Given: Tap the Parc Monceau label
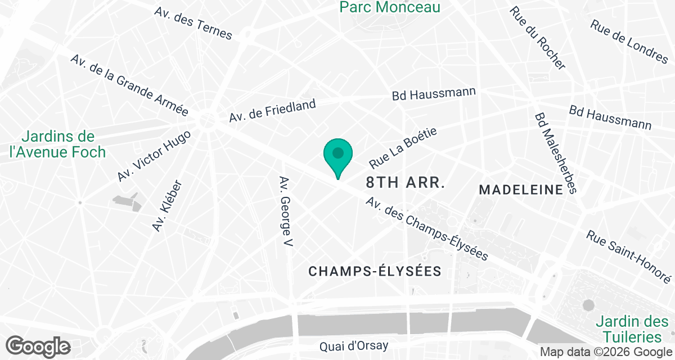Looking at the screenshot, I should point(390,7).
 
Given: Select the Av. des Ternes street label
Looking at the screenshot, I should point(193,23).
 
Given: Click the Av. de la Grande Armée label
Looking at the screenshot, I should point(129,85).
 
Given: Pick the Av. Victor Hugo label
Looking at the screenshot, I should point(154,156).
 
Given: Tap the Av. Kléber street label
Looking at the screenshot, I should point(168,206).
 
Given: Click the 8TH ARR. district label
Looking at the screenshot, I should point(406,183).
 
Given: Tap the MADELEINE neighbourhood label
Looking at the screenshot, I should point(521,190).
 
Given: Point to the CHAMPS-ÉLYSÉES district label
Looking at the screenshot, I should point(375,271).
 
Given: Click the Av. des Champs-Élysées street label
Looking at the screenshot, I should point(426,229).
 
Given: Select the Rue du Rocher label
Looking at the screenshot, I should point(537,38).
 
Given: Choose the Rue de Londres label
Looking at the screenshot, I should point(629,40).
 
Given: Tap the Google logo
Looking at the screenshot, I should point(38,346).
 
